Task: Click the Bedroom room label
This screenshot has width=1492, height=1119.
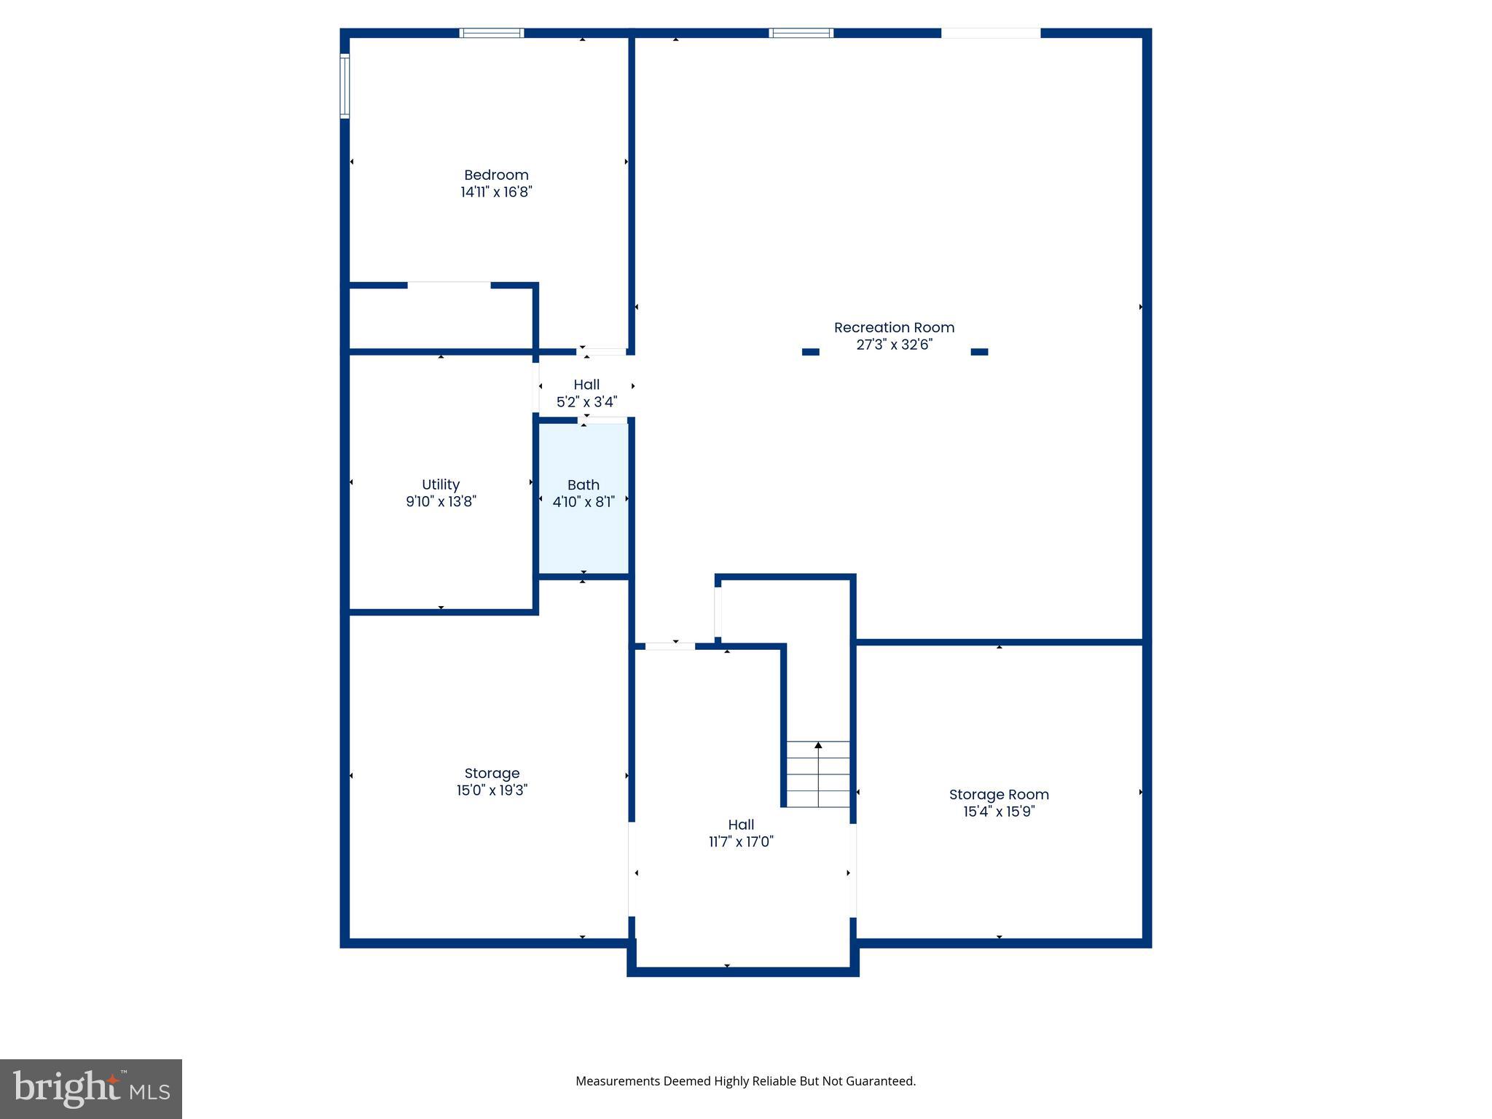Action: click(x=496, y=175)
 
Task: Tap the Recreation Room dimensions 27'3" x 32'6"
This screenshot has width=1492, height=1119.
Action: click(x=894, y=345)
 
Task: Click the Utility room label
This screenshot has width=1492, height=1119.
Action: click(x=441, y=484)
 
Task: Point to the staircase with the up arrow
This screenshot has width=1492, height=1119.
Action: click(x=818, y=774)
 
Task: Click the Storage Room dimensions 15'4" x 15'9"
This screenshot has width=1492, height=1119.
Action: click(x=999, y=812)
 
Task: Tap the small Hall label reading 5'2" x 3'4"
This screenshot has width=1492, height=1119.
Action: click(x=586, y=393)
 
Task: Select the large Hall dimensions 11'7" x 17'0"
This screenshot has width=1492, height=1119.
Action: click(x=741, y=841)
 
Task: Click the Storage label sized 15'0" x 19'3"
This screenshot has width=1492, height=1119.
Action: click(x=492, y=774)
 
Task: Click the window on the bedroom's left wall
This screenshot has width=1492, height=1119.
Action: click(x=345, y=86)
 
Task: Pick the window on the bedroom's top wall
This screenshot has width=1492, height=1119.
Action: click(x=492, y=33)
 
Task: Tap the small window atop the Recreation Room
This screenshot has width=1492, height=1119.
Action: click(x=801, y=33)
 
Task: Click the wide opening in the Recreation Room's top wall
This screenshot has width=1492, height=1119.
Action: click(x=991, y=33)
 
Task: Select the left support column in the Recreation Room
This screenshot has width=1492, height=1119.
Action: click(x=810, y=352)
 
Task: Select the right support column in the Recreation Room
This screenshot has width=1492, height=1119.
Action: click(x=979, y=352)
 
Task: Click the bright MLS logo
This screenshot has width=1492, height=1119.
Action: click(x=91, y=1088)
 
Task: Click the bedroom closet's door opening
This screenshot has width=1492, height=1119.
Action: click(x=449, y=285)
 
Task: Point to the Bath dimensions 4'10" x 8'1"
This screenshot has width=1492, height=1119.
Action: click(x=584, y=501)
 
